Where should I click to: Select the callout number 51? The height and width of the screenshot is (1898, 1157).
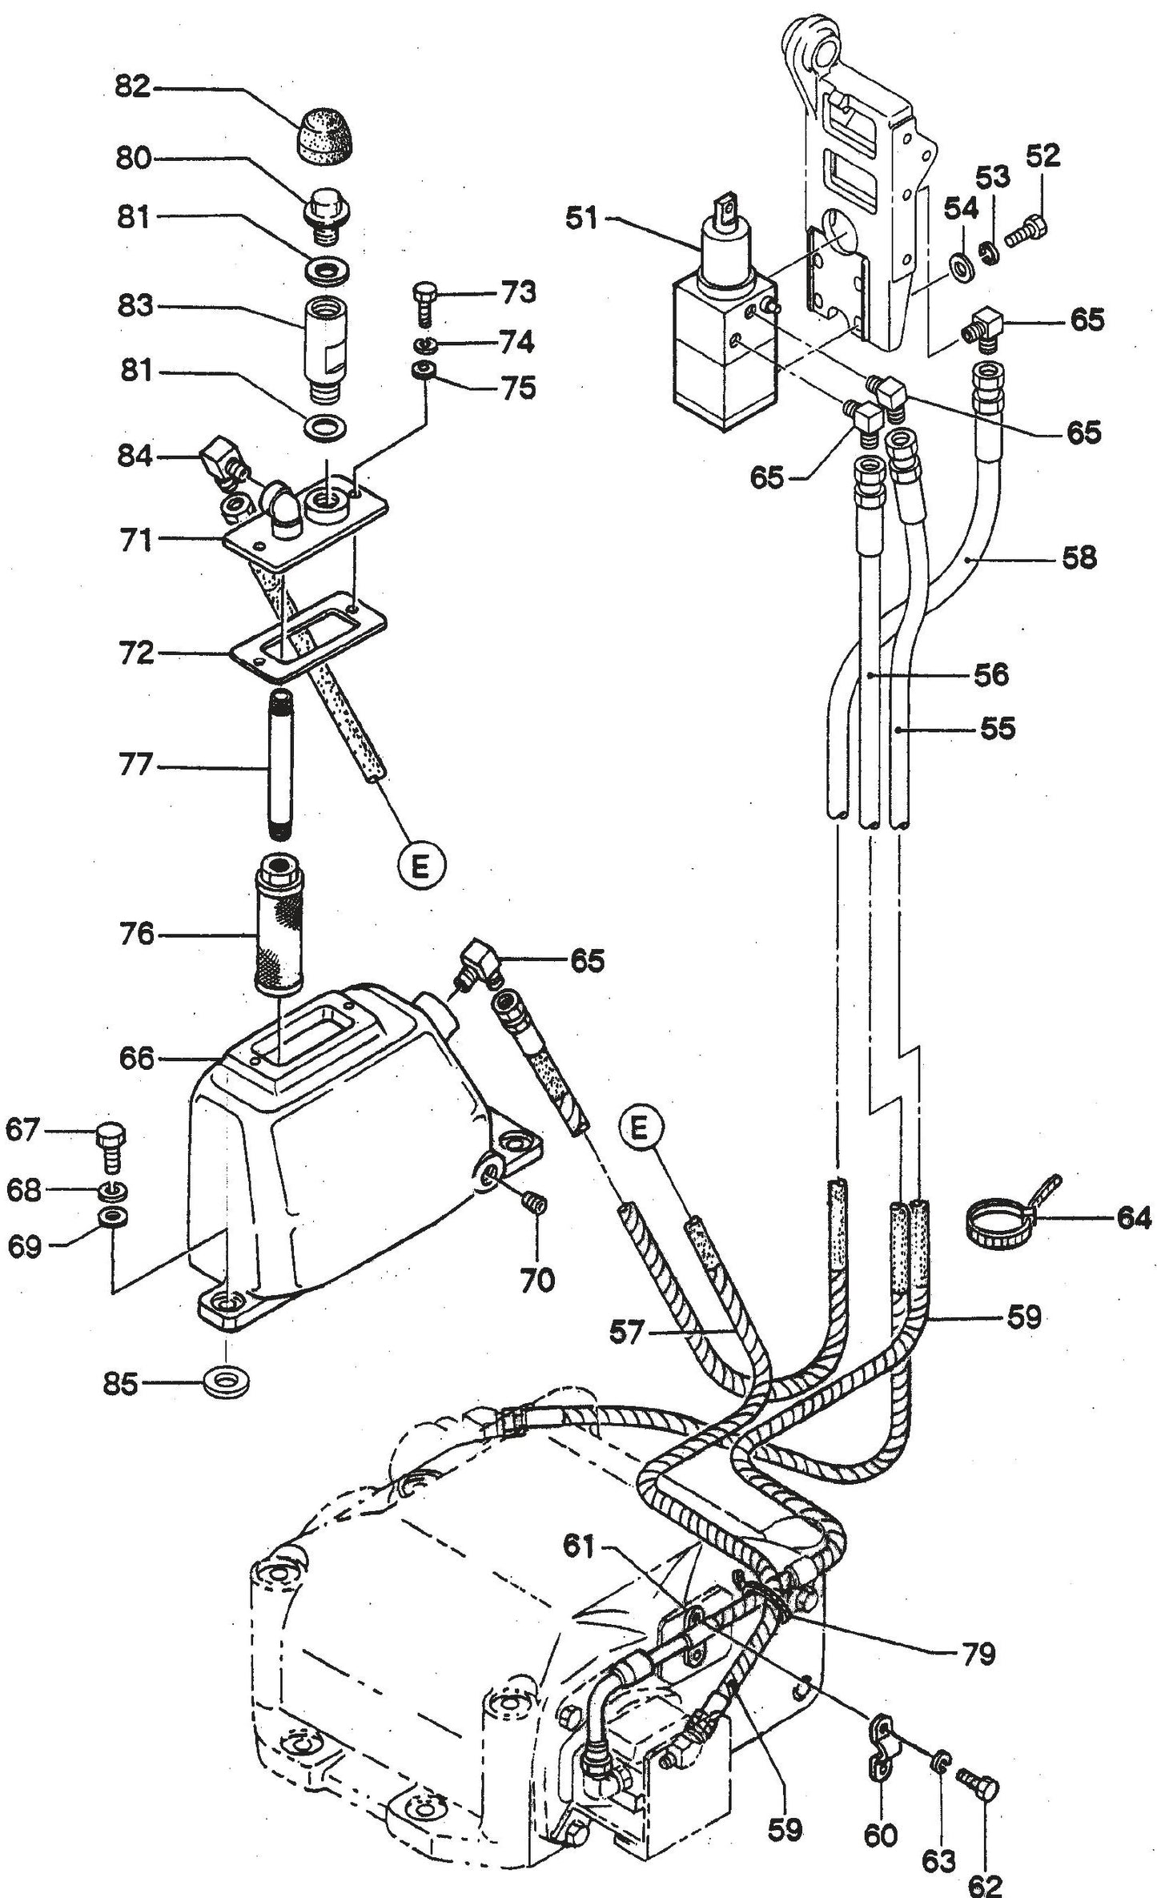582,219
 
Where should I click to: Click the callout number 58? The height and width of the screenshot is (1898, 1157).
1079,557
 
